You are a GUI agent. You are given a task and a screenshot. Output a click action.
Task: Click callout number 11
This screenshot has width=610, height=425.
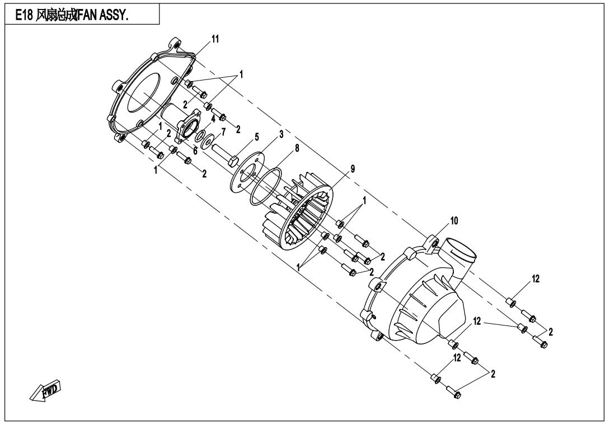point(215,39)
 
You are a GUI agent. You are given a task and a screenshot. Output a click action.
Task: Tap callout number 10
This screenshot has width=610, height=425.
point(454,221)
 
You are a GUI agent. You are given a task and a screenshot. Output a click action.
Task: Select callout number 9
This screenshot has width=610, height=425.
point(353,169)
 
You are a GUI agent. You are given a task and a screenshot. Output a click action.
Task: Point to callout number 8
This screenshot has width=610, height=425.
point(297,148)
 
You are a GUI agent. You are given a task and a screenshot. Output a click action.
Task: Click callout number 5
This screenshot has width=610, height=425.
point(256,137)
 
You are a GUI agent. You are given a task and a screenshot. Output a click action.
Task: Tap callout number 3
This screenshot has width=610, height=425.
point(281,135)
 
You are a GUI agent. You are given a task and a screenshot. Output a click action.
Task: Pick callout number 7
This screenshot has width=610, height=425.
point(223,132)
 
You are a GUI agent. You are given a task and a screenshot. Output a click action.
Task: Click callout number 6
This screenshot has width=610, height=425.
point(195,151)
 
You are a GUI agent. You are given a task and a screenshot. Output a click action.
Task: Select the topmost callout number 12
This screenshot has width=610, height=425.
point(536,279)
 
